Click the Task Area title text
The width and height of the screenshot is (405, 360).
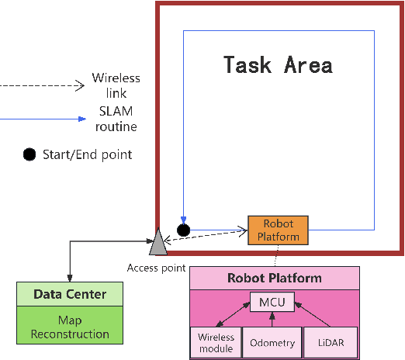(x=278, y=64)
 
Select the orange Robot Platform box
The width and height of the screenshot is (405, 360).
(x=278, y=230)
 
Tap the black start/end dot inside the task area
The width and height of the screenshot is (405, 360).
(x=183, y=230)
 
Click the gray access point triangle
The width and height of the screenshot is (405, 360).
(x=158, y=243)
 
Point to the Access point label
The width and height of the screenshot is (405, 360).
(x=156, y=268)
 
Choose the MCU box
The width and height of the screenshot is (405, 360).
(x=272, y=302)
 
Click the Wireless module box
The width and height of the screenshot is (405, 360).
(x=216, y=342)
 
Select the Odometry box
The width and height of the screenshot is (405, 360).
(x=272, y=342)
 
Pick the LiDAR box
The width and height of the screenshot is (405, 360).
(x=329, y=342)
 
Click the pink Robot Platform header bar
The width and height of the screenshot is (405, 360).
(x=275, y=278)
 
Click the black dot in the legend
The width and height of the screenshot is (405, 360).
(x=29, y=154)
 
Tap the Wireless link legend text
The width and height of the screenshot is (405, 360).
(x=116, y=85)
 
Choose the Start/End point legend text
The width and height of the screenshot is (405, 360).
(x=87, y=154)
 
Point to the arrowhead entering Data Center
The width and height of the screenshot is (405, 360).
(x=71, y=277)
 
